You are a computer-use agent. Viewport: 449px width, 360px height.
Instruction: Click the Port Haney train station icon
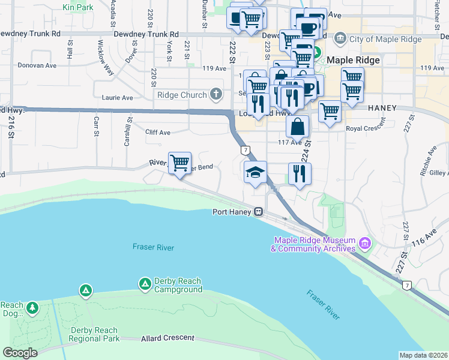tap(258, 211)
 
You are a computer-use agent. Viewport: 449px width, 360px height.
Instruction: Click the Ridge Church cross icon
tap(215, 94)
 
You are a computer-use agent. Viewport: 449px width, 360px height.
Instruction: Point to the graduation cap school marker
tap(255, 173)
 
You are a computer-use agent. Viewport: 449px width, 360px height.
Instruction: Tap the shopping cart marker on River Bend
tap(180, 163)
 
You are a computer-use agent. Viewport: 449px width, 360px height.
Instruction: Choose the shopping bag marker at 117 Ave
tap(298, 127)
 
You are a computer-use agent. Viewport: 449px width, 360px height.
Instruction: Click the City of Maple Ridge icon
tap(340, 40)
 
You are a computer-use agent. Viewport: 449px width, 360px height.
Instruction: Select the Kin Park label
tap(78, 8)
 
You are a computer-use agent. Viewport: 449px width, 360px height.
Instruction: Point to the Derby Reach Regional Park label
tap(94, 334)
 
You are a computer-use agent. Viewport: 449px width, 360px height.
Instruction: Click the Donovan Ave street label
tap(37, 65)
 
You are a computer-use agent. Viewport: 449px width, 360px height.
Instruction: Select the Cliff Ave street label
tap(158, 132)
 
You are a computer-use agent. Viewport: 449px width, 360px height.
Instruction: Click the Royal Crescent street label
tap(366, 128)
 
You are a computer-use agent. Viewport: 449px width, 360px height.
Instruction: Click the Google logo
tap(20, 353)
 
